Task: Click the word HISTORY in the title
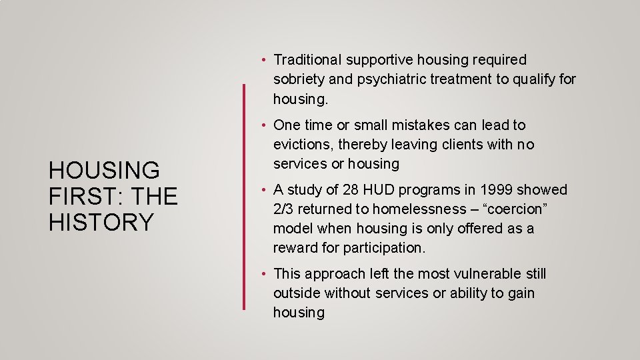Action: pos(101,222)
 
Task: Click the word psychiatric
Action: pos(390,80)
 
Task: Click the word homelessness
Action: pos(410,209)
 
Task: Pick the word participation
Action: pos(383,248)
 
